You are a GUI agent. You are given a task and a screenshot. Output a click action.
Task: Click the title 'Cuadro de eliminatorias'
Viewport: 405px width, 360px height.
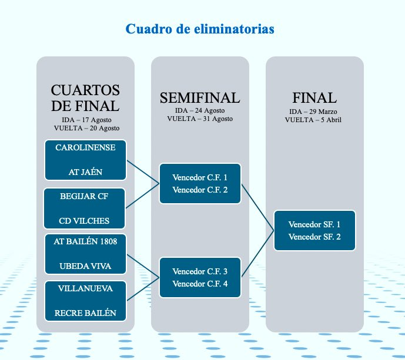(x=200, y=29)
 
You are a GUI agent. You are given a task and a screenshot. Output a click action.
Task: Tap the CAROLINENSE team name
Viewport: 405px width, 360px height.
(x=85, y=147)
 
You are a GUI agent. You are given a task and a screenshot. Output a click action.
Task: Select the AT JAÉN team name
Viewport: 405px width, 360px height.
(x=85, y=172)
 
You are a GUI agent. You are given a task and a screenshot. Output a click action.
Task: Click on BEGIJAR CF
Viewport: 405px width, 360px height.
(x=84, y=196)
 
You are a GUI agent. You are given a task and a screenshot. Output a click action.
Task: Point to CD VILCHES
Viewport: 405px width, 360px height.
(x=84, y=221)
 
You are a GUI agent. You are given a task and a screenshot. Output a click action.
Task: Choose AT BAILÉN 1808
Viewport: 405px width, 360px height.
(x=85, y=241)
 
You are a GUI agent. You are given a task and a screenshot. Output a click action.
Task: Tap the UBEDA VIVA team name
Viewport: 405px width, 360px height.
(x=85, y=266)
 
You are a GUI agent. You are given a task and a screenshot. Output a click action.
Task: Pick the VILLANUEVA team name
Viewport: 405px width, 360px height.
(x=85, y=288)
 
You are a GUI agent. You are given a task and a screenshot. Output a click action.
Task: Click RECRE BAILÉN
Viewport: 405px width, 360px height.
(x=85, y=313)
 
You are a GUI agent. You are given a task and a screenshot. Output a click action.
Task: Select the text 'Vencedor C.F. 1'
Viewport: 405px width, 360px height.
(x=200, y=177)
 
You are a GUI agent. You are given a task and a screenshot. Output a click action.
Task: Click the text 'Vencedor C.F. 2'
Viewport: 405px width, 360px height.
(x=200, y=190)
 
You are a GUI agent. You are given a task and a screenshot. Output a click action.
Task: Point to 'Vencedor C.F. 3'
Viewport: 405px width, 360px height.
(x=200, y=271)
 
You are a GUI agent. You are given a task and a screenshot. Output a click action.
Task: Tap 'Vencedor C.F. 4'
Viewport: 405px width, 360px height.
(x=200, y=284)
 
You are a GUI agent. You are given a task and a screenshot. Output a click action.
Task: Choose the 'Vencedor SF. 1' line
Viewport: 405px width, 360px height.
(x=314, y=224)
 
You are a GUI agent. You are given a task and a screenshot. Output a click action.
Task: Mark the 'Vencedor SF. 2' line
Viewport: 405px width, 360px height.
(x=314, y=237)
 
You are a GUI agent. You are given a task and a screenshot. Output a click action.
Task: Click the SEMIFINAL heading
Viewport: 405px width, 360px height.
(x=200, y=98)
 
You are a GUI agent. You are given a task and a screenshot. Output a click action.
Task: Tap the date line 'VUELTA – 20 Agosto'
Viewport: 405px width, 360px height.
(x=86, y=128)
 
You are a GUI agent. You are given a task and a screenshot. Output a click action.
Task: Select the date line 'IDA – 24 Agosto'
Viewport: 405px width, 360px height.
(x=200, y=110)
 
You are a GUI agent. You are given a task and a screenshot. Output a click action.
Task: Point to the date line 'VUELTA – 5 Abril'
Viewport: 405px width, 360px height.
(x=313, y=120)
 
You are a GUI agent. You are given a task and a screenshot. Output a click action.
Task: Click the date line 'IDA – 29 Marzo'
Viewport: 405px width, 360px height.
(x=313, y=112)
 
